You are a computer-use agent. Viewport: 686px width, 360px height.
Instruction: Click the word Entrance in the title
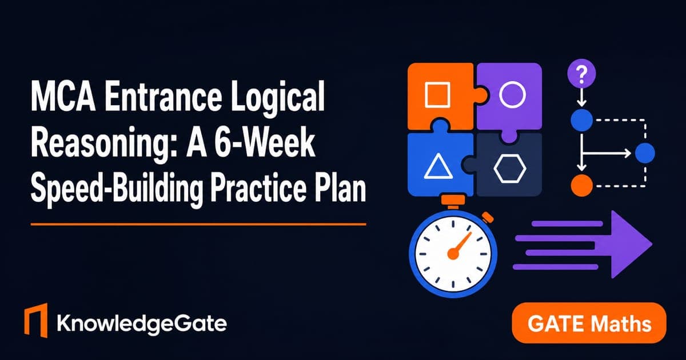163,97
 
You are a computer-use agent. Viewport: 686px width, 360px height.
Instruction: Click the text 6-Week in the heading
264,142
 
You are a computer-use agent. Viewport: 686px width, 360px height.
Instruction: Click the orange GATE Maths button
589,323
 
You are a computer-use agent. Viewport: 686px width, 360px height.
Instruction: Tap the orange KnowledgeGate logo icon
36,320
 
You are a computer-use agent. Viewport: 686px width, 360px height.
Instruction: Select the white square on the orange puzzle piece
438,95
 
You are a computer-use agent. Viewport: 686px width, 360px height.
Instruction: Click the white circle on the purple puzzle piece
512,95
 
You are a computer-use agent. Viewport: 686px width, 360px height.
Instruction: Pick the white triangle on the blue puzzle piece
438,166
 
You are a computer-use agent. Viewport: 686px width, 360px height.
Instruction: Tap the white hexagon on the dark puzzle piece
510,169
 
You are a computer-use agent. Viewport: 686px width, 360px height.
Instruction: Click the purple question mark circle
581,74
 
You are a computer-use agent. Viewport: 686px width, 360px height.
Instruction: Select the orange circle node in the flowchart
581,186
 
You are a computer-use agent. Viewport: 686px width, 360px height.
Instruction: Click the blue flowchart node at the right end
645,153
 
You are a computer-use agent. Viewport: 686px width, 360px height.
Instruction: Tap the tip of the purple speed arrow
652,245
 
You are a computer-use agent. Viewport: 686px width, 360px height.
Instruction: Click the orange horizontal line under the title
198,225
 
